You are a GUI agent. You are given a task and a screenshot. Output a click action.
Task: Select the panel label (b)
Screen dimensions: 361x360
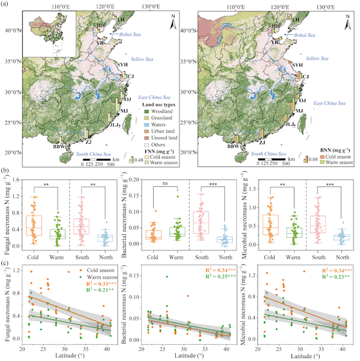tap(7, 171)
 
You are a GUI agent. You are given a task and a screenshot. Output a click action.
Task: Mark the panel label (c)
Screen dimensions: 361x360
tap(7, 262)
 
